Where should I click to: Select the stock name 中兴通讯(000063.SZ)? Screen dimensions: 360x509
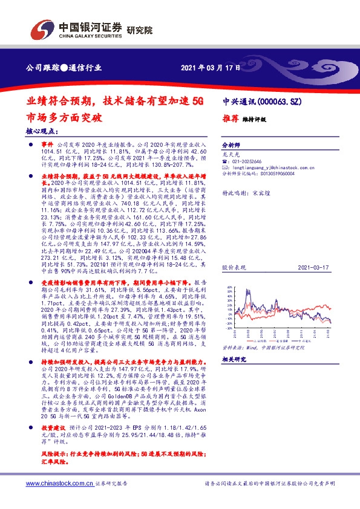258,102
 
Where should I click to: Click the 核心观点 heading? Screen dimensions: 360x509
42,131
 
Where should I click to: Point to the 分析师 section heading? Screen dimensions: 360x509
231,146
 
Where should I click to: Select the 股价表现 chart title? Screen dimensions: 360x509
232,266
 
